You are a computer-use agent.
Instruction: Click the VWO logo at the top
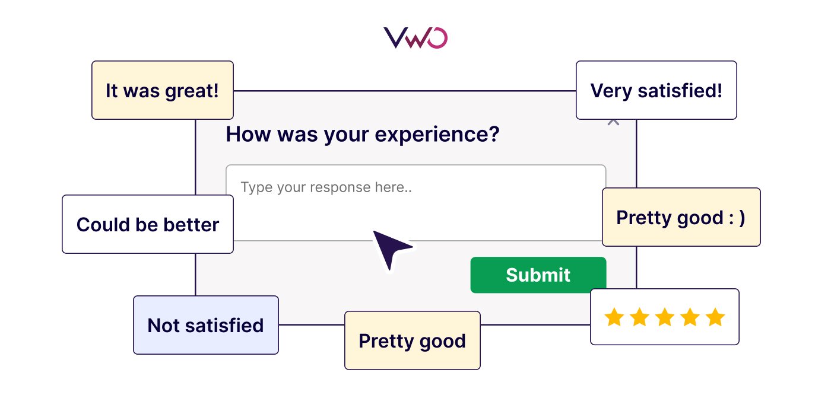click(415, 37)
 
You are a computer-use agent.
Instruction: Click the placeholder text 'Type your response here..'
click(326, 188)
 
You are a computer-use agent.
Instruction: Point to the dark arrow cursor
click(389, 248)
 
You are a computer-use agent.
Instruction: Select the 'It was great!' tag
click(162, 90)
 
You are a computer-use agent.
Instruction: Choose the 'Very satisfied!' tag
click(656, 90)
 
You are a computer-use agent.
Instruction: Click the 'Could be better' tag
click(147, 224)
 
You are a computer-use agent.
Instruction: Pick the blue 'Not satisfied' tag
click(205, 325)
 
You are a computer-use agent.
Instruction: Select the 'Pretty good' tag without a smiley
click(412, 340)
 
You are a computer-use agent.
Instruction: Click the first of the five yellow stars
click(613, 317)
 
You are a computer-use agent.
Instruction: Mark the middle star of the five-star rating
click(664, 317)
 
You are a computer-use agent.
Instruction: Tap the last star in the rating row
click(715, 317)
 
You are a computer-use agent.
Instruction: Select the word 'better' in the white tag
click(191, 224)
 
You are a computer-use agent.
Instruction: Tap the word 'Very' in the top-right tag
click(611, 90)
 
